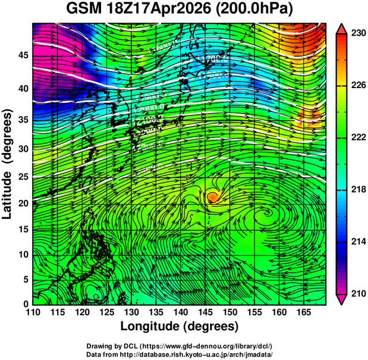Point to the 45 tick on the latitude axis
pyautogui.click(x=24, y=55)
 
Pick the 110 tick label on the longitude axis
pyautogui.click(x=33, y=312)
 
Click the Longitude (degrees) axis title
pyautogui.click(x=180, y=326)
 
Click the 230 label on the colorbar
pyautogui.click(x=358, y=34)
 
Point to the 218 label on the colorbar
pyautogui.click(x=358, y=189)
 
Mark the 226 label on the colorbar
pyautogui.click(x=358, y=86)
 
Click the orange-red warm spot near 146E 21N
pyautogui.click(x=213, y=196)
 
